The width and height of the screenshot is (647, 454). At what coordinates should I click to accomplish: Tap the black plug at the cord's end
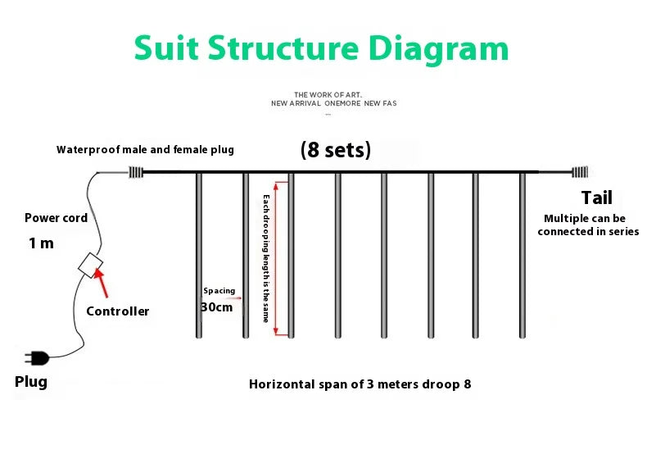37,358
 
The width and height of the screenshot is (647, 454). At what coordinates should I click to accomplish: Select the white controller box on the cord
90,265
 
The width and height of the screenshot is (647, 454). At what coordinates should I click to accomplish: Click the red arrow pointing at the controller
101,283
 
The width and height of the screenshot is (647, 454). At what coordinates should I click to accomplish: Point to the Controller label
118,311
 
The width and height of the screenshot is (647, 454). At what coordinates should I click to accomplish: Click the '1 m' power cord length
41,243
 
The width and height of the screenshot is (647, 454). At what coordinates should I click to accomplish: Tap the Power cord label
57,218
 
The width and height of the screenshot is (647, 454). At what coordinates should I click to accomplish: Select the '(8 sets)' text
336,150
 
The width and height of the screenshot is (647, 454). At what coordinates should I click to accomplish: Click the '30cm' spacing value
217,307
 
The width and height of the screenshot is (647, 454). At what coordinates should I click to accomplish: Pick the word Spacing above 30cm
219,291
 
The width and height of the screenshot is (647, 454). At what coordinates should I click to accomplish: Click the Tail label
597,197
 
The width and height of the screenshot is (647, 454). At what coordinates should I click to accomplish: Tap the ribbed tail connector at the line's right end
580,172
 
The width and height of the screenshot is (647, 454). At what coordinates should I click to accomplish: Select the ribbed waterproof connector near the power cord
136,172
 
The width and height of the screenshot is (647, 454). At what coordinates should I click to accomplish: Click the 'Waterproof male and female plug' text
145,150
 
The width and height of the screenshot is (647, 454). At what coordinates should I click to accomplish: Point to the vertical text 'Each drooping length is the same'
266,258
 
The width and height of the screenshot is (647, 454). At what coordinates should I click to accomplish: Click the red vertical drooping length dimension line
276,258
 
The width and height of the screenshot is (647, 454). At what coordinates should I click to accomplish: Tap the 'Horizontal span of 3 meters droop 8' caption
360,384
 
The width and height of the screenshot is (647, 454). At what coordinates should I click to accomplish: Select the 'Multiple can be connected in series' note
588,225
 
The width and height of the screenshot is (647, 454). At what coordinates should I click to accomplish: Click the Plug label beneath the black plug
31,382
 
